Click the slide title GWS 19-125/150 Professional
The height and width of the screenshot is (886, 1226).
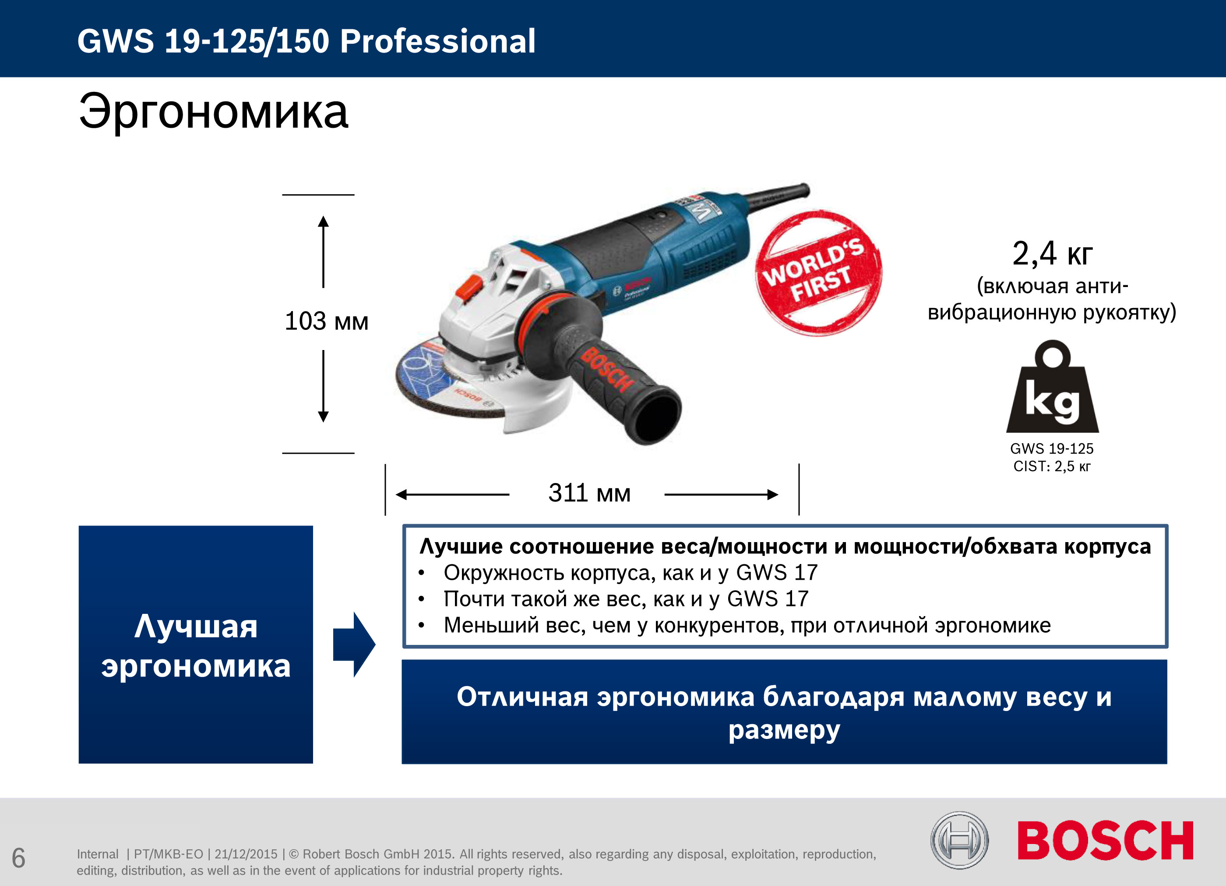pos(306,41)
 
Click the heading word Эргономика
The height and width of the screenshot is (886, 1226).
pos(214,112)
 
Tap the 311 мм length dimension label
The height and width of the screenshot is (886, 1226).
pos(589,493)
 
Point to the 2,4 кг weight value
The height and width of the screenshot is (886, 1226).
pos(1052,253)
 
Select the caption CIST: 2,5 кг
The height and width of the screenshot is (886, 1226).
pos(1052,466)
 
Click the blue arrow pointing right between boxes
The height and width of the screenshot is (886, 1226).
pos(354,644)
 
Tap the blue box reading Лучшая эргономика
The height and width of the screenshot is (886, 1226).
pos(196,644)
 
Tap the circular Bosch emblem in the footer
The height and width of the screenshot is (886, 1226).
pos(959,840)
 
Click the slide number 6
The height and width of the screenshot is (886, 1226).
pos(18,858)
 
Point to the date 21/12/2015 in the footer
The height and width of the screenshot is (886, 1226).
pos(246,854)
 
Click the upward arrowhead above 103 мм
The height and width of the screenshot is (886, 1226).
pos(323,221)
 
